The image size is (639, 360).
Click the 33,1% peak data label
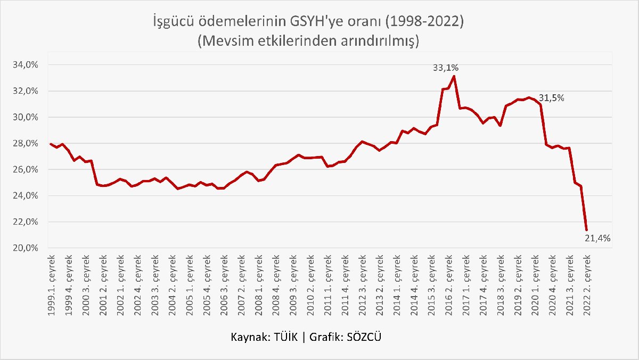click(446, 68)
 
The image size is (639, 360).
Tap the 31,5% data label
click(551, 98)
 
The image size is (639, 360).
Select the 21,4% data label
click(597, 239)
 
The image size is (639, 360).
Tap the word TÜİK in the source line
click(287, 338)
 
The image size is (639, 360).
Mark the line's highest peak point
click(454, 76)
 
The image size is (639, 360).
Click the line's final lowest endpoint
click(587, 230)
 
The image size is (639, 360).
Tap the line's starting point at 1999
click(51, 144)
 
